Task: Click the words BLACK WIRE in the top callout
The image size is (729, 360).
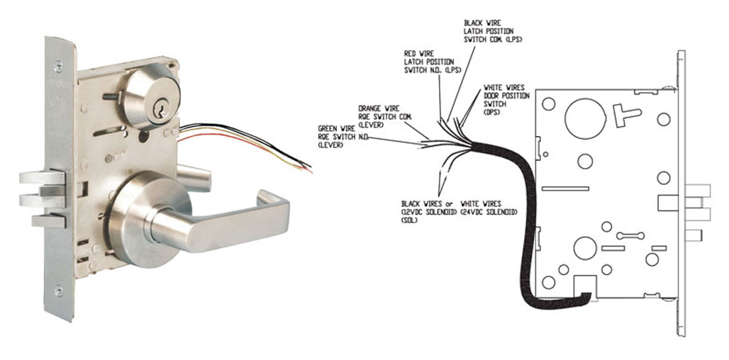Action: coord(480,23)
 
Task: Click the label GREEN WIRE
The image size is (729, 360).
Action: coord(336,128)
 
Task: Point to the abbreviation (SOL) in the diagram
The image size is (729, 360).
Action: coord(409,220)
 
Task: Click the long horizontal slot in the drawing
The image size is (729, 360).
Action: coord(565,189)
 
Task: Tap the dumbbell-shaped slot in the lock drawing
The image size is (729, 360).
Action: coord(630,235)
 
